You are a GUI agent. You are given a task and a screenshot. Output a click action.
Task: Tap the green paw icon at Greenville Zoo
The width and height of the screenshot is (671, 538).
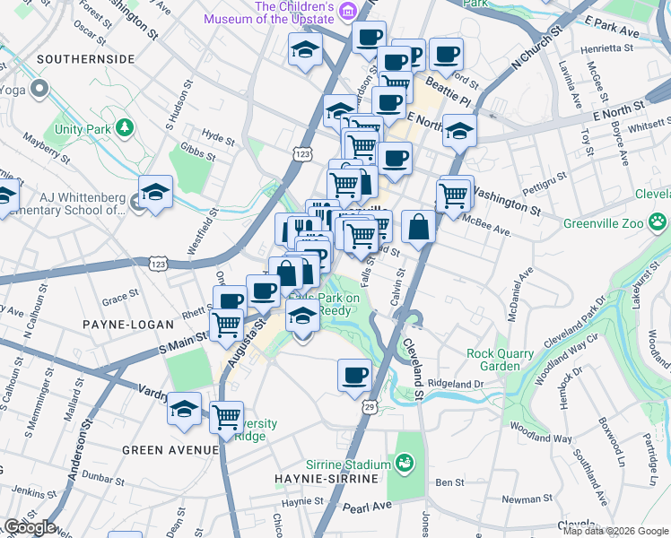[x=658, y=220]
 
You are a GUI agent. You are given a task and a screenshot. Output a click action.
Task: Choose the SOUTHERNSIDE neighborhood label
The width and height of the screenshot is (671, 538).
[x=86, y=59]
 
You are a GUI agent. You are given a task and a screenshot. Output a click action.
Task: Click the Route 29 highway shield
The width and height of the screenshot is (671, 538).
[x=370, y=408]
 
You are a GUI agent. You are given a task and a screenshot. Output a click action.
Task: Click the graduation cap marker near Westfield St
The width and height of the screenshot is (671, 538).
[x=155, y=192]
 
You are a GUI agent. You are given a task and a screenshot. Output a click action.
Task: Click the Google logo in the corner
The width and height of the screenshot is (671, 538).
[x=29, y=527]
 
